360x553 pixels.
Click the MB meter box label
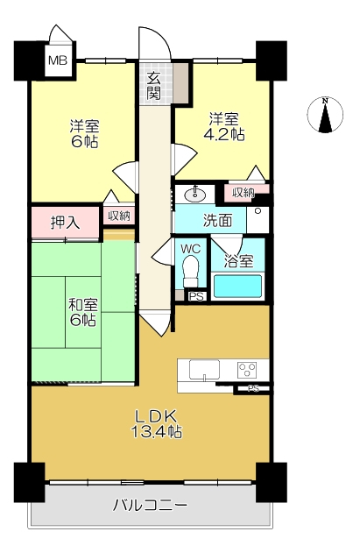tap(57, 60)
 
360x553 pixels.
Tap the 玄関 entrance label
tap(154, 83)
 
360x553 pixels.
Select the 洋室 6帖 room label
tap(83, 132)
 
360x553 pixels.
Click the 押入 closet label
tap(65, 223)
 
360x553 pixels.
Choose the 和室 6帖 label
tap(83, 312)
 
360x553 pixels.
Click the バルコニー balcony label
tap(150, 506)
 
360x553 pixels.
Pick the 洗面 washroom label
tap(218, 220)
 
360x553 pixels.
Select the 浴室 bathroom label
tap(238, 260)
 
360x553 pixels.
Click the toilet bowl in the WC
tap(190, 274)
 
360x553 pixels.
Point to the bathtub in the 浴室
tap(237, 287)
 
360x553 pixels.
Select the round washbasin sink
tap(194, 194)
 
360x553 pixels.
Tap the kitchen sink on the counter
tap(204, 370)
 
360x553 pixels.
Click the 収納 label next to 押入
tap(119, 216)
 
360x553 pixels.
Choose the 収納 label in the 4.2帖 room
tap(243, 192)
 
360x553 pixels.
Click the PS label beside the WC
tap(196, 296)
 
